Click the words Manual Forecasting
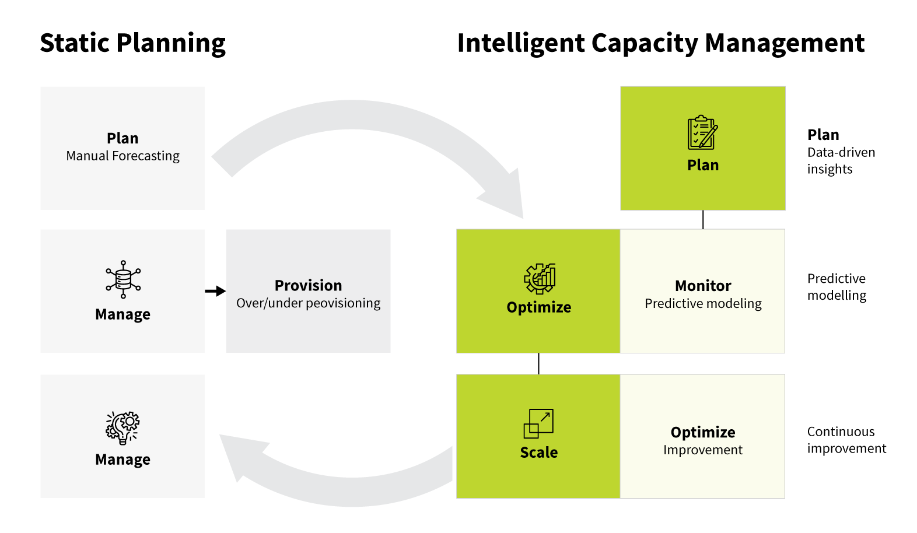tap(123, 156)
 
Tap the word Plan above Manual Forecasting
tap(123, 138)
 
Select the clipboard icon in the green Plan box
tap(702, 132)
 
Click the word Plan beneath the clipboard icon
tap(703, 165)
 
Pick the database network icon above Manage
tap(123, 279)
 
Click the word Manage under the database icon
tap(123, 314)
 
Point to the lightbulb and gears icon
tap(123, 427)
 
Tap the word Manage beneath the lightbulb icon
tap(123, 460)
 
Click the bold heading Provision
tap(308, 285)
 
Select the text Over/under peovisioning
tap(308, 303)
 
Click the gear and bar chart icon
tap(540, 278)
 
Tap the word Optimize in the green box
tap(539, 307)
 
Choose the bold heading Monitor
tap(703, 286)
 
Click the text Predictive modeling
tap(703, 303)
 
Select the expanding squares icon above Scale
tap(538, 423)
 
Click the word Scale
tap(539, 453)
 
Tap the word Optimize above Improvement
tap(703, 432)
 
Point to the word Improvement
tap(703, 450)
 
